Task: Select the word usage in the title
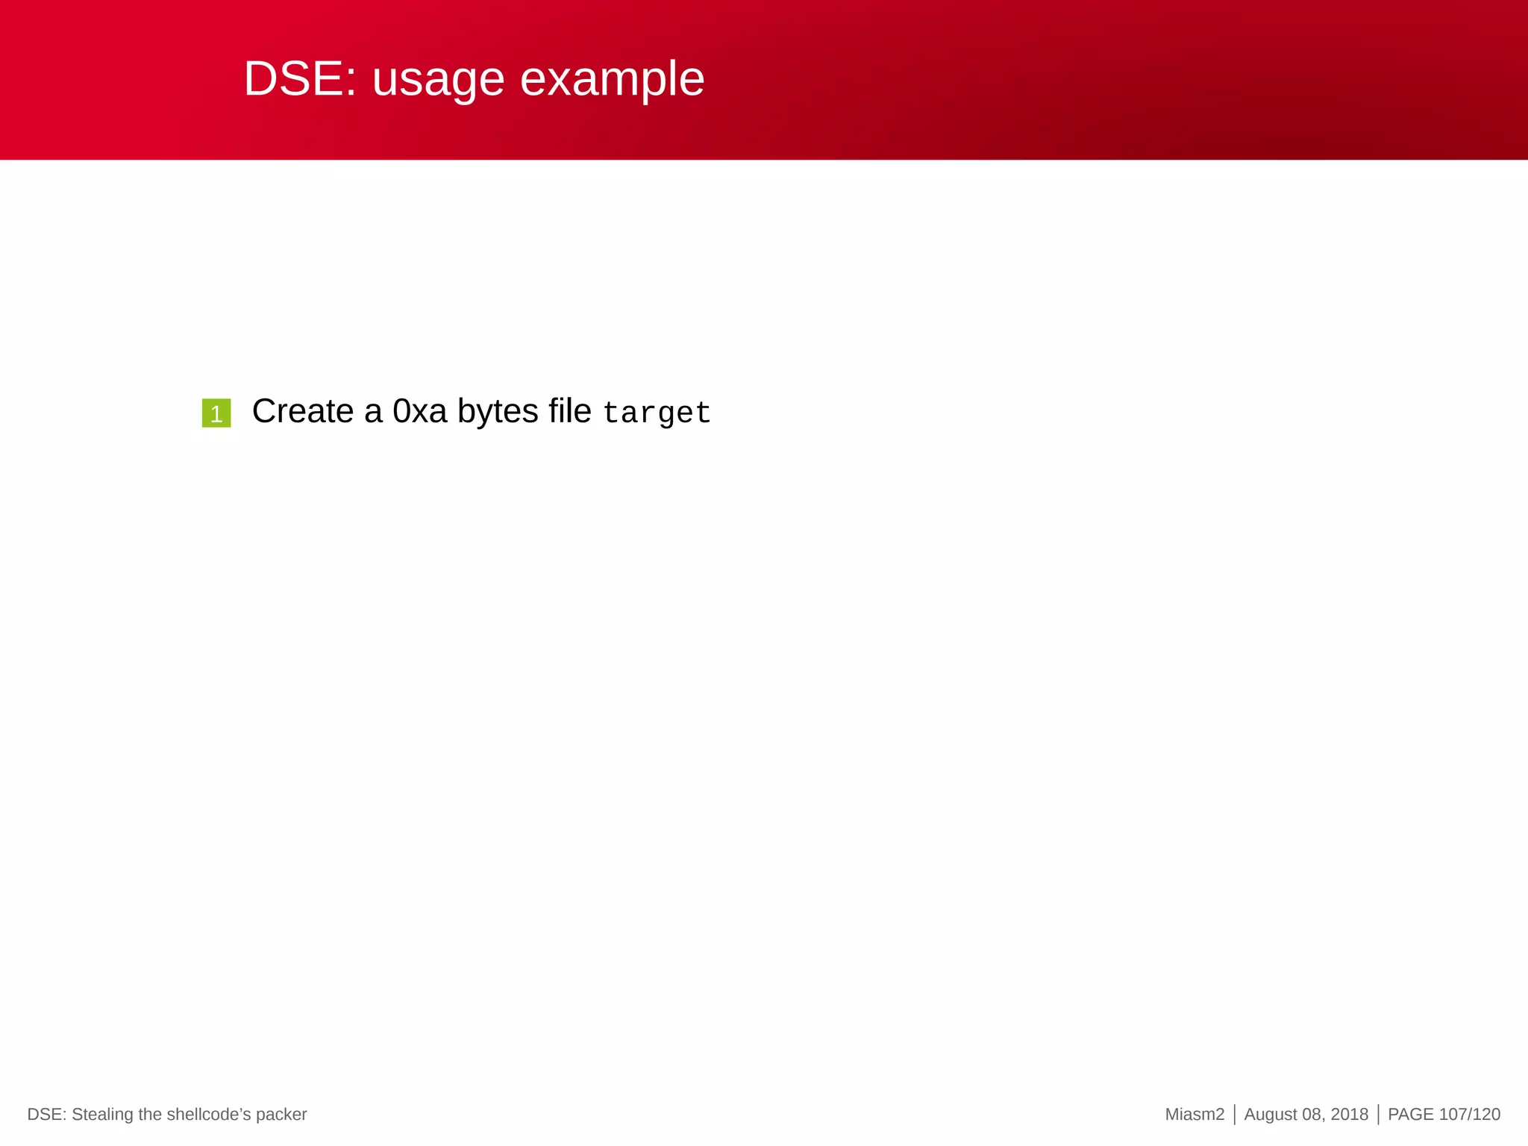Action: [438, 81]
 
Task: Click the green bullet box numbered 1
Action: [216, 413]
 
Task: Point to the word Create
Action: [302, 411]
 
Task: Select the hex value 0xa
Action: [419, 411]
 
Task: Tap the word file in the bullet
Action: [569, 411]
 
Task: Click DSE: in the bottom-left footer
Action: [47, 1115]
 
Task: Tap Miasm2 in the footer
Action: [1194, 1115]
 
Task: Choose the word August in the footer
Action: [1271, 1115]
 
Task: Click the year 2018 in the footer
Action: [1349, 1115]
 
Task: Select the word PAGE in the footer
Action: [1410, 1115]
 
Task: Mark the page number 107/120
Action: [1469, 1115]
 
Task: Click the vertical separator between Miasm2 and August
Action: [1235, 1115]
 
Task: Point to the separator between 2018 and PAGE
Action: [1378, 1115]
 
